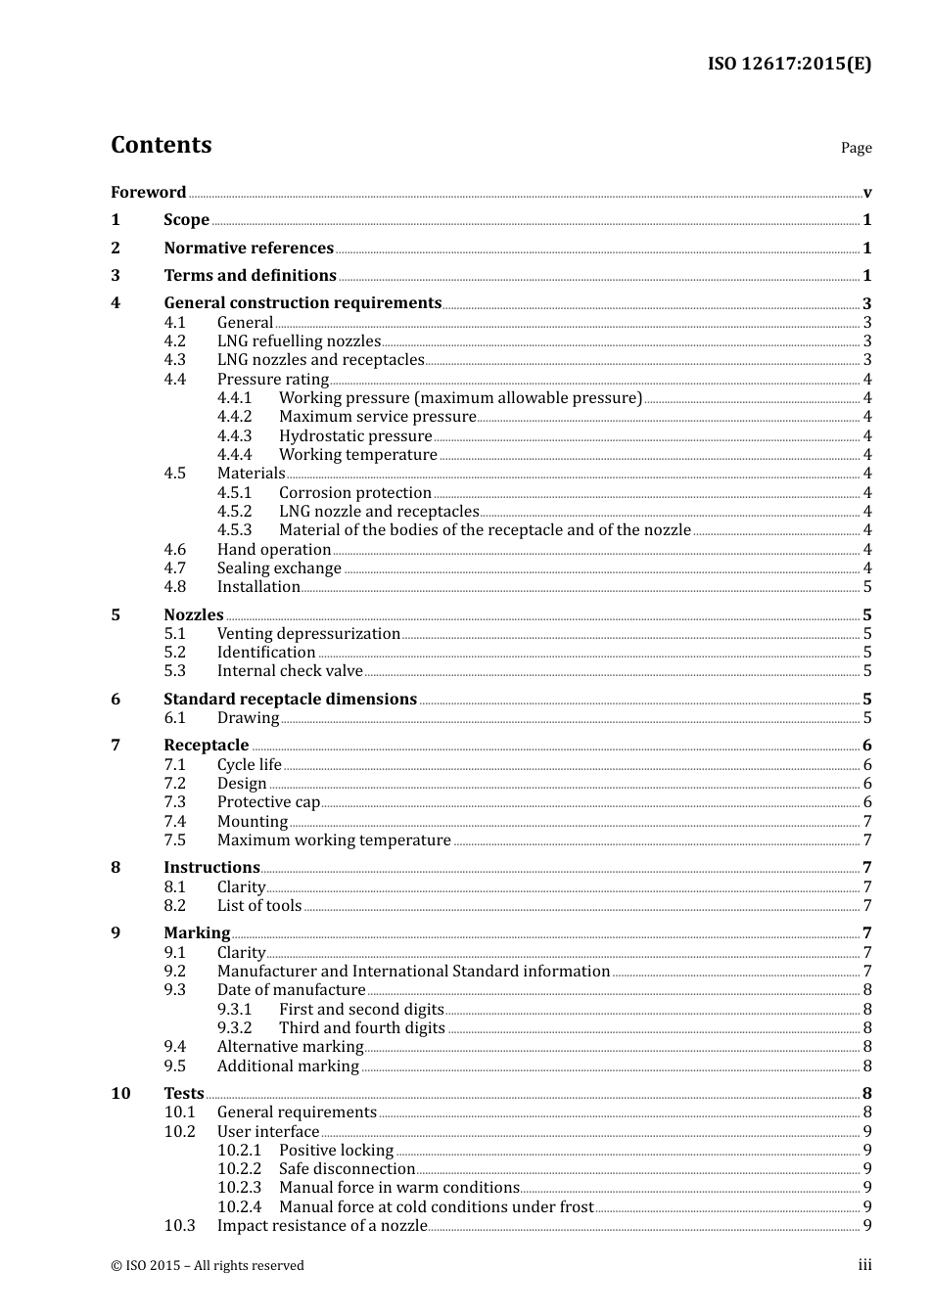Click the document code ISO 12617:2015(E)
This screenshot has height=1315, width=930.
(789, 65)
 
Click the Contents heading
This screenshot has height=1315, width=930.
(162, 145)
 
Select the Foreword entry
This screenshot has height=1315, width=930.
(148, 192)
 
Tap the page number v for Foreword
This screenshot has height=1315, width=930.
(867, 193)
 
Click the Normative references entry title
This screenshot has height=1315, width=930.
(249, 248)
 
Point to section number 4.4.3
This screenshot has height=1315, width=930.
(234, 435)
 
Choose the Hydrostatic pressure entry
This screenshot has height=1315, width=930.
(355, 435)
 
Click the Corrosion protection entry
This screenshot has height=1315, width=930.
(355, 492)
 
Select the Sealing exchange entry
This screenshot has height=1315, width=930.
(279, 567)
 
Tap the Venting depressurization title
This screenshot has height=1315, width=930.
(308, 633)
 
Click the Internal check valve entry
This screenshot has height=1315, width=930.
(290, 670)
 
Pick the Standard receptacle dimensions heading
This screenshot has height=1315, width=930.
(290, 699)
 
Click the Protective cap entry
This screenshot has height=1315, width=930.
(268, 801)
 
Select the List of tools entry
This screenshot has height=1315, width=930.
(259, 905)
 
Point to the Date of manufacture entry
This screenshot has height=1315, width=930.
(291, 989)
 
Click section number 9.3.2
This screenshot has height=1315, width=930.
(234, 1027)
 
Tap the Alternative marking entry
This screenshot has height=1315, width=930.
(290, 1046)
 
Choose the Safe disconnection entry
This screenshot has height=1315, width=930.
(347, 1168)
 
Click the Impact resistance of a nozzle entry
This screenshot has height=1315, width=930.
(322, 1225)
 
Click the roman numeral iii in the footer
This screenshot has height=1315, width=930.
(864, 1264)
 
